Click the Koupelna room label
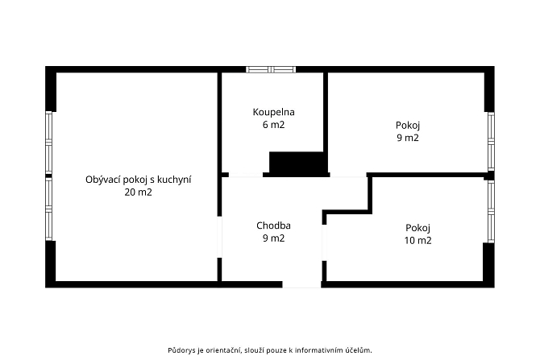(x=273, y=112)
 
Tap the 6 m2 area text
(x=273, y=125)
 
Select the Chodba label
(x=273, y=226)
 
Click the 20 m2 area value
(x=138, y=192)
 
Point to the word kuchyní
(x=174, y=180)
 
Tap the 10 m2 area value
(x=417, y=240)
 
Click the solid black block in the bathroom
(x=297, y=163)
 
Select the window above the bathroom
(x=271, y=69)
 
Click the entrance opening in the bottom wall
(x=301, y=284)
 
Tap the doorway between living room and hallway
(x=219, y=237)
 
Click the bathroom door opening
(x=246, y=175)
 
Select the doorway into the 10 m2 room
(x=324, y=242)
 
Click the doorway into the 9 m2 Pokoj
(x=348, y=175)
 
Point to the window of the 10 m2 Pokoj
(x=491, y=211)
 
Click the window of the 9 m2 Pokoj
(x=491, y=141)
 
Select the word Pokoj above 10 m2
(x=417, y=228)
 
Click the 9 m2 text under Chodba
(x=273, y=238)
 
